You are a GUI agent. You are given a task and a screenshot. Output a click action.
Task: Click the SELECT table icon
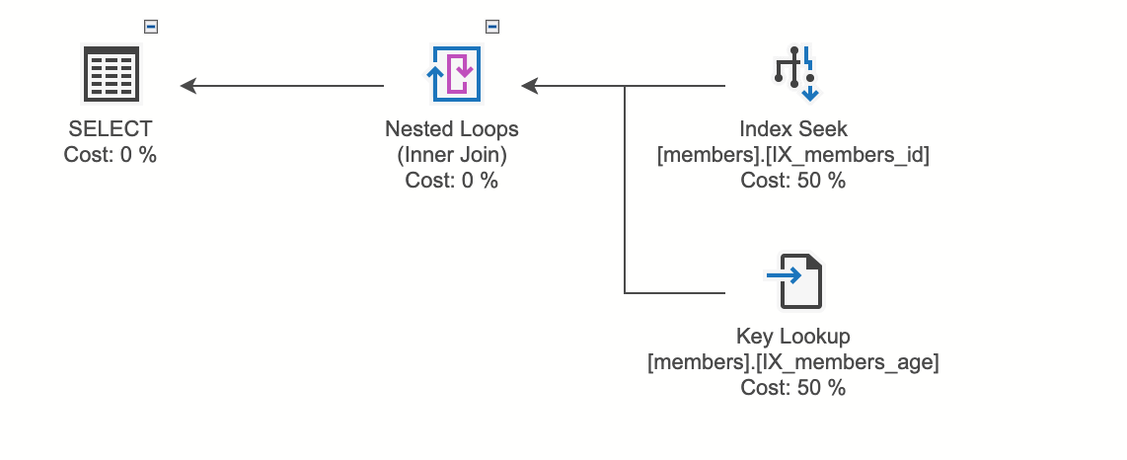point(110,74)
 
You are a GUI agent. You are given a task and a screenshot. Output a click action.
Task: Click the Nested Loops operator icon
point(455,74)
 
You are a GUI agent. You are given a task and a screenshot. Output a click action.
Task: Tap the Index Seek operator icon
point(794,74)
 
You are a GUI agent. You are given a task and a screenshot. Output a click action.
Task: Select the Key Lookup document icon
point(794,282)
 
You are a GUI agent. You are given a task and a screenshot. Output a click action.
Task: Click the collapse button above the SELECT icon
point(151,27)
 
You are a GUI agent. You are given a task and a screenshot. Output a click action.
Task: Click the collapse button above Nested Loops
point(492,27)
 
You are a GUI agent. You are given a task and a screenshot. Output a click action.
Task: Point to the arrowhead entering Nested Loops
point(530,86)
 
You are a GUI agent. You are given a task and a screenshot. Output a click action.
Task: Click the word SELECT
point(110,129)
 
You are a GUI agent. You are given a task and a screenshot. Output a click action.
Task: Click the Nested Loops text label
point(452,129)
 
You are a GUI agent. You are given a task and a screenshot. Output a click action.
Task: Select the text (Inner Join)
point(452,155)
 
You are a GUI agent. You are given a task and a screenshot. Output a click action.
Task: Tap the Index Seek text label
point(793,129)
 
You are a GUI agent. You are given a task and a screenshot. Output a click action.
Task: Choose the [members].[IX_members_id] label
point(793,155)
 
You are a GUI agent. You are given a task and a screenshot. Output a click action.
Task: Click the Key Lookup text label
point(793,337)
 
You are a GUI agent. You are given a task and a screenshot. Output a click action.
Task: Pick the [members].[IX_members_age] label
point(793,362)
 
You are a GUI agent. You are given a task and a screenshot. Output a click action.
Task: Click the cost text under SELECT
point(110,155)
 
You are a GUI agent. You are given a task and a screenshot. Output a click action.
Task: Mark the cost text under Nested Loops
point(452,181)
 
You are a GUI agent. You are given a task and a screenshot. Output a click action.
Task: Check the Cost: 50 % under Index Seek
point(793,181)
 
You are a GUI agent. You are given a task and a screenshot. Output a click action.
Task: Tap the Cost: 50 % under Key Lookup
point(793,388)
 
